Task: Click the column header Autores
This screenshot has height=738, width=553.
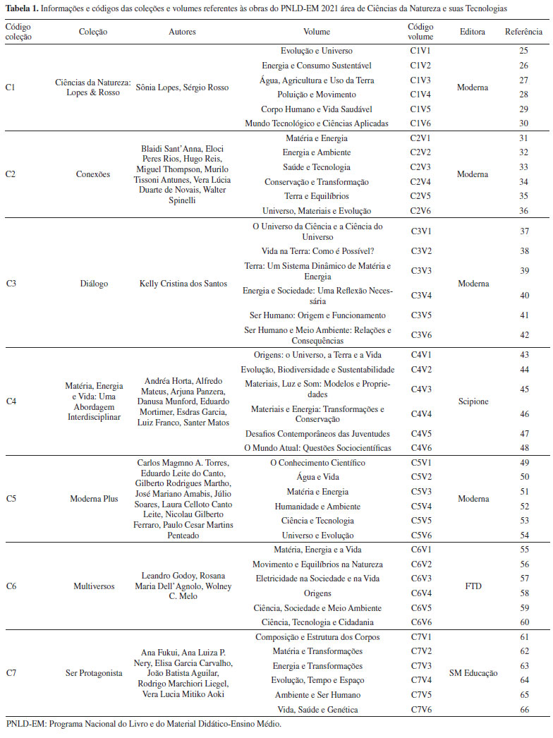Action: pyautogui.click(x=182, y=32)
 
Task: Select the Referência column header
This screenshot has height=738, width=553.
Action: pyautogui.click(x=523, y=32)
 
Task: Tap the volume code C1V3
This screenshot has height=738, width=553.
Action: pyautogui.click(x=420, y=80)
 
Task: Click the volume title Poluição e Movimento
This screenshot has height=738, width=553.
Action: pyautogui.click(x=316, y=95)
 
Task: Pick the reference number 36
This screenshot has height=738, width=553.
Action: pyautogui.click(x=523, y=211)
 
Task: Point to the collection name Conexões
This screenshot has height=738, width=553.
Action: pyautogui.click(x=94, y=174)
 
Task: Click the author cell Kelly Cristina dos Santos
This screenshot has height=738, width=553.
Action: pyautogui.click(x=183, y=284)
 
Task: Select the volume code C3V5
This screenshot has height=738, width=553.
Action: pyautogui.click(x=420, y=315)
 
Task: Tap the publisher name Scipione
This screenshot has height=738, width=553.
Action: pyautogui.click(x=473, y=401)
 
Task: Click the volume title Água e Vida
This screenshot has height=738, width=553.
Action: pyautogui.click(x=317, y=478)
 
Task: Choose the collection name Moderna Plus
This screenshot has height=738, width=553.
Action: pyautogui.click(x=94, y=499)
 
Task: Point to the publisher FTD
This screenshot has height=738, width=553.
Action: pyautogui.click(x=473, y=586)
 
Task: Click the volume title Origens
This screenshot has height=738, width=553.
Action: pyautogui.click(x=317, y=593)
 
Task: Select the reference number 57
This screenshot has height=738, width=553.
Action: pyautogui.click(x=523, y=579)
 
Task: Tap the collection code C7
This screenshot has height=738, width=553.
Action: pyautogui.click(x=11, y=673)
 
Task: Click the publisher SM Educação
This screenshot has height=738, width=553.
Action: pyautogui.click(x=473, y=673)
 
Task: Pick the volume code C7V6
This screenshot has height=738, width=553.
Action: pyautogui.click(x=420, y=709)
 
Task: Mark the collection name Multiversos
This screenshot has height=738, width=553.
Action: pyautogui.click(x=94, y=586)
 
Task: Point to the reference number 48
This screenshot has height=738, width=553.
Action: pyautogui.click(x=523, y=448)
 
